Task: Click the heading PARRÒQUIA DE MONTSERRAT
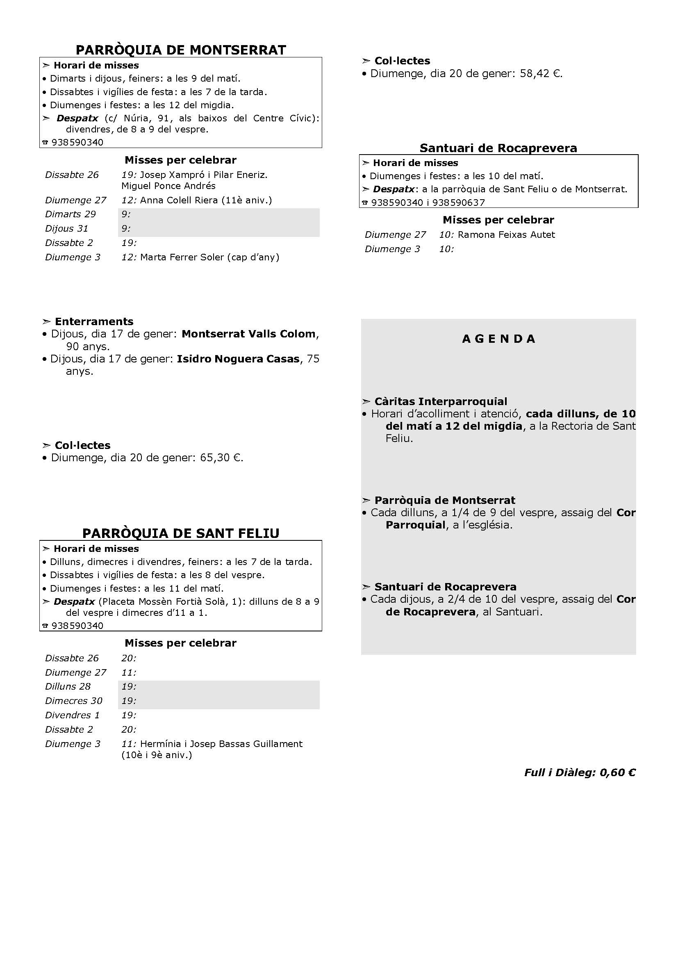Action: pos(181,50)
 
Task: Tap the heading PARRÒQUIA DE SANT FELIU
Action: pos(181,533)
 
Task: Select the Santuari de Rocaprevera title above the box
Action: pos(498,148)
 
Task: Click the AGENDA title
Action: pos(498,339)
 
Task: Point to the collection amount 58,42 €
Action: pos(540,74)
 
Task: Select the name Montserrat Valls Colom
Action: pos(248,334)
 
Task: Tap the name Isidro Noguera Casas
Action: pos(238,359)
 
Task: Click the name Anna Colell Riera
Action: pos(179,200)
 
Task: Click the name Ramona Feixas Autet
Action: pos(506,235)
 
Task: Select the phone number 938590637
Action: pos(458,203)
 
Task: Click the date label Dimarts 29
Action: pos(71,214)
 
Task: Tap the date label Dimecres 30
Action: pos(73,701)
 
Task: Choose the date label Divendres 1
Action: pos(73,715)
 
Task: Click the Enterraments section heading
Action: pos(94,321)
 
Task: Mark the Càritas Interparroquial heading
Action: pos(440,402)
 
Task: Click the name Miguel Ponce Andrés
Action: pos(168,186)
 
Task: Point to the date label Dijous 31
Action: pos(67,228)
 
